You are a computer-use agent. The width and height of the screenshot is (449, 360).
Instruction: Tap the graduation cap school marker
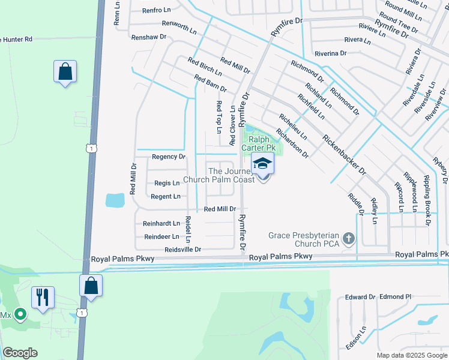coord(262,164)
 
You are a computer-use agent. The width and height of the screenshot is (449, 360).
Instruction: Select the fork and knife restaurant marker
coord(43,298)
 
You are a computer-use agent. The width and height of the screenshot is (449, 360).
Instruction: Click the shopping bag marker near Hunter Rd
coord(65,72)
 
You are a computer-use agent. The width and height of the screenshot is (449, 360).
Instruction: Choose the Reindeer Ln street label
coord(161,237)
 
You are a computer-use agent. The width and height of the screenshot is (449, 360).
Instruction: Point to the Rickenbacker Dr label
coord(344,154)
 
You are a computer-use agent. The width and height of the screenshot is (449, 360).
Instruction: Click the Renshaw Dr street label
coord(149,37)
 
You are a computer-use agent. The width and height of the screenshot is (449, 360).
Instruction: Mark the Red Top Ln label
coord(218,117)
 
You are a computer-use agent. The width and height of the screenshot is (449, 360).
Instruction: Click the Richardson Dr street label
coord(292,142)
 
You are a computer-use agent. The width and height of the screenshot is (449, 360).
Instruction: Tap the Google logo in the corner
coord(20,353)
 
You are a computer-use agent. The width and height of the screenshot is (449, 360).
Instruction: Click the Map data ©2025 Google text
coord(412,355)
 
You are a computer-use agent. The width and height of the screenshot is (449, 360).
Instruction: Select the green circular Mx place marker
coord(20,314)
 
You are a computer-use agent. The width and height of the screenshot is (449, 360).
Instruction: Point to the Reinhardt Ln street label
coord(161,224)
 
